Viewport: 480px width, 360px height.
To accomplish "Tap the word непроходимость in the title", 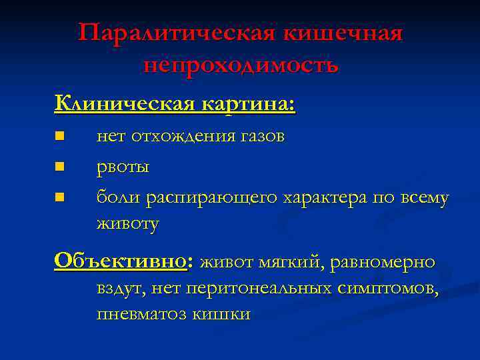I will (x=241, y=65).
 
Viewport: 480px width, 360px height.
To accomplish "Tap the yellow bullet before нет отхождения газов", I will (x=59, y=136).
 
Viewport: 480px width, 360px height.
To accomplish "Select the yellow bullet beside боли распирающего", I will (x=59, y=197).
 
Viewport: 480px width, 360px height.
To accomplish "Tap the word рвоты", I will (x=123, y=167).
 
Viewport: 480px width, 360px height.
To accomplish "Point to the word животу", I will (x=127, y=223).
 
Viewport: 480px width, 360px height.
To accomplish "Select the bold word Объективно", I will (x=122, y=261).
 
